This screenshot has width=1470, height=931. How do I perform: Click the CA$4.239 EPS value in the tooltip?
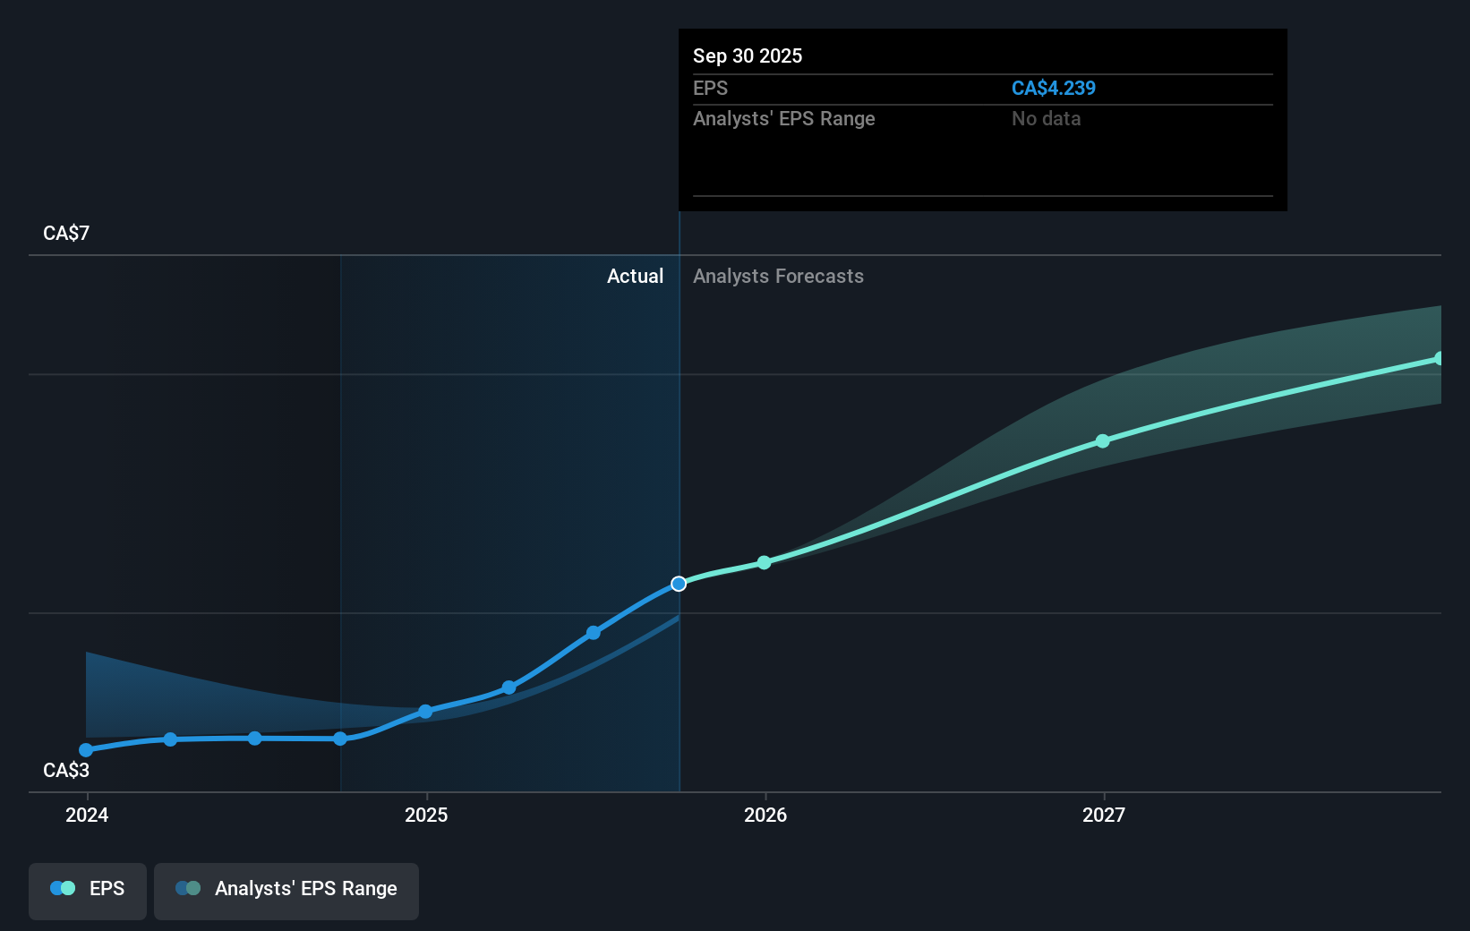point(1053,88)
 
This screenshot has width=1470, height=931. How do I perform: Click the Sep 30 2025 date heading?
point(747,56)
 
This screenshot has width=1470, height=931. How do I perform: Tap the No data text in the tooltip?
point(1046,118)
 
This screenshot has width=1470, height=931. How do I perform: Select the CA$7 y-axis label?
point(66,233)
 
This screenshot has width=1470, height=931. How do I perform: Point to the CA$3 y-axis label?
point(66,770)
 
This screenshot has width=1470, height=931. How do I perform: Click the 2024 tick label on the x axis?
point(87,815)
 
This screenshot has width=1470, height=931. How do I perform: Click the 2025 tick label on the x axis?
point(426,815)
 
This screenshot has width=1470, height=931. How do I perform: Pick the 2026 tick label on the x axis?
point(765,815)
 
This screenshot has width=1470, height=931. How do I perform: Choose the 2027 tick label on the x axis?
point(1104,815)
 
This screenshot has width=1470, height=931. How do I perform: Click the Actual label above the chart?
point(635,276)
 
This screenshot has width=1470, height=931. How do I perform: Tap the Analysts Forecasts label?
point(778,276)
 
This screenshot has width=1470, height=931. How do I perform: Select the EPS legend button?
point(88,889)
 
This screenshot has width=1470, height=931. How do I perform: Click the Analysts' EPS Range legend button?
point(286,889)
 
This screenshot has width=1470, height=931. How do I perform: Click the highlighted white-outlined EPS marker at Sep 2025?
point(679,584)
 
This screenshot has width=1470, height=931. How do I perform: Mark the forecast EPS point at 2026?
point(764,562)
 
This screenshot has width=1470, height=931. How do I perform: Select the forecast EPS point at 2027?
point(1103,441)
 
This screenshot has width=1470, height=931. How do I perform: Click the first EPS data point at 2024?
point(86,750)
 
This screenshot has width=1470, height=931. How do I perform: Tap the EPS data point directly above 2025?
point(425,712)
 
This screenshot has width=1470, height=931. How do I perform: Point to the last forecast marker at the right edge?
point(1439,359)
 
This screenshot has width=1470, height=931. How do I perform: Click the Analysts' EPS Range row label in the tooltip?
point(783,118)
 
